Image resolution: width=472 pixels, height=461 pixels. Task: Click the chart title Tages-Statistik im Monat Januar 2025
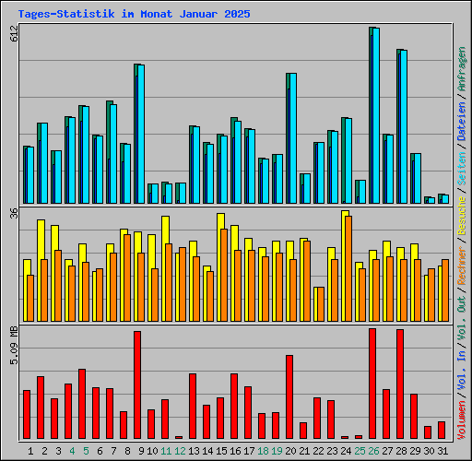(134, 15)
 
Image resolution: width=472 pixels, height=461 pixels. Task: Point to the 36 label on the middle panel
(14, 213)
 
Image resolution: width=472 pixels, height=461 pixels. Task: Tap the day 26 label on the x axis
(373, 451)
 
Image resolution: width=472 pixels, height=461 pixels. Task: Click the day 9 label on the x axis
(137, 451)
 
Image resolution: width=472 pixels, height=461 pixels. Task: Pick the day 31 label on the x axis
(442, 451)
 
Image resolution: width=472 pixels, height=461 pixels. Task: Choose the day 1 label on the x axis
(30, 451)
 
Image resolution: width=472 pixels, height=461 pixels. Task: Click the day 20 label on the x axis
(290, 451)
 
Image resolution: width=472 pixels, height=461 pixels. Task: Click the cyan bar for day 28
(403, 127)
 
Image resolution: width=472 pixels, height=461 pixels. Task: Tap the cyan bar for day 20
(292, 138)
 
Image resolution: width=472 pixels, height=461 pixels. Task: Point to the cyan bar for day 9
(140, 134)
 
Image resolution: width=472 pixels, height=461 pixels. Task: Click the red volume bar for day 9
(137, 384)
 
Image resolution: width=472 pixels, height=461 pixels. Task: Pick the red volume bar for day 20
(289, 396)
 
